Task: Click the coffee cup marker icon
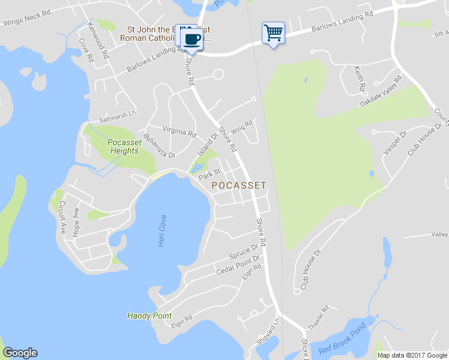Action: click(x=192, y=39)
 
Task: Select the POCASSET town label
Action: click(x=239, y=186)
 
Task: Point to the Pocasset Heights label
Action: click(x=124, y=146)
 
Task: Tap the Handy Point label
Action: click(x=149, y=316)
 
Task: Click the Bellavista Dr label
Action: click(x=159, y=146)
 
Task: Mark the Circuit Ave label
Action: click(x=62, y=208)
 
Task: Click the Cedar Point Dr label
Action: click(x=239, y=266)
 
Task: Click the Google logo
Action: click(x=20, y=353)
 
